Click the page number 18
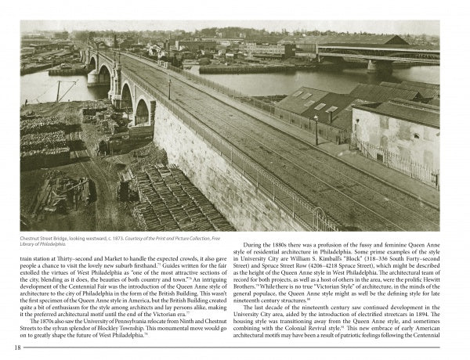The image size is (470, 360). [17, 348]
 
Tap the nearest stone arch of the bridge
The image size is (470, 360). [141, 112]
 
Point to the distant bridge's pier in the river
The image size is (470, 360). [378, 67]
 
